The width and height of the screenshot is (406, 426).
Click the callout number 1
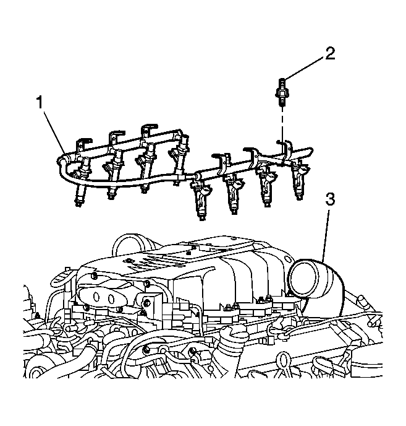click(40, 102)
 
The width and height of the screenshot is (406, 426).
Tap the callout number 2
click(329, 53)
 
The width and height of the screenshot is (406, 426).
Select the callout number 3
click(330, 199)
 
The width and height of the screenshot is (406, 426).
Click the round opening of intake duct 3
click(303, 278)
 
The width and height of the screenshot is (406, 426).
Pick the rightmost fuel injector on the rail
click(300, 180)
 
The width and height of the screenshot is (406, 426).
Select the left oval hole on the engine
click(95, 297)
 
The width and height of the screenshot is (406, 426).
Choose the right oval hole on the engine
click(112, 298)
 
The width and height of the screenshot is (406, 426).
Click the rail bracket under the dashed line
click(285, 152)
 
